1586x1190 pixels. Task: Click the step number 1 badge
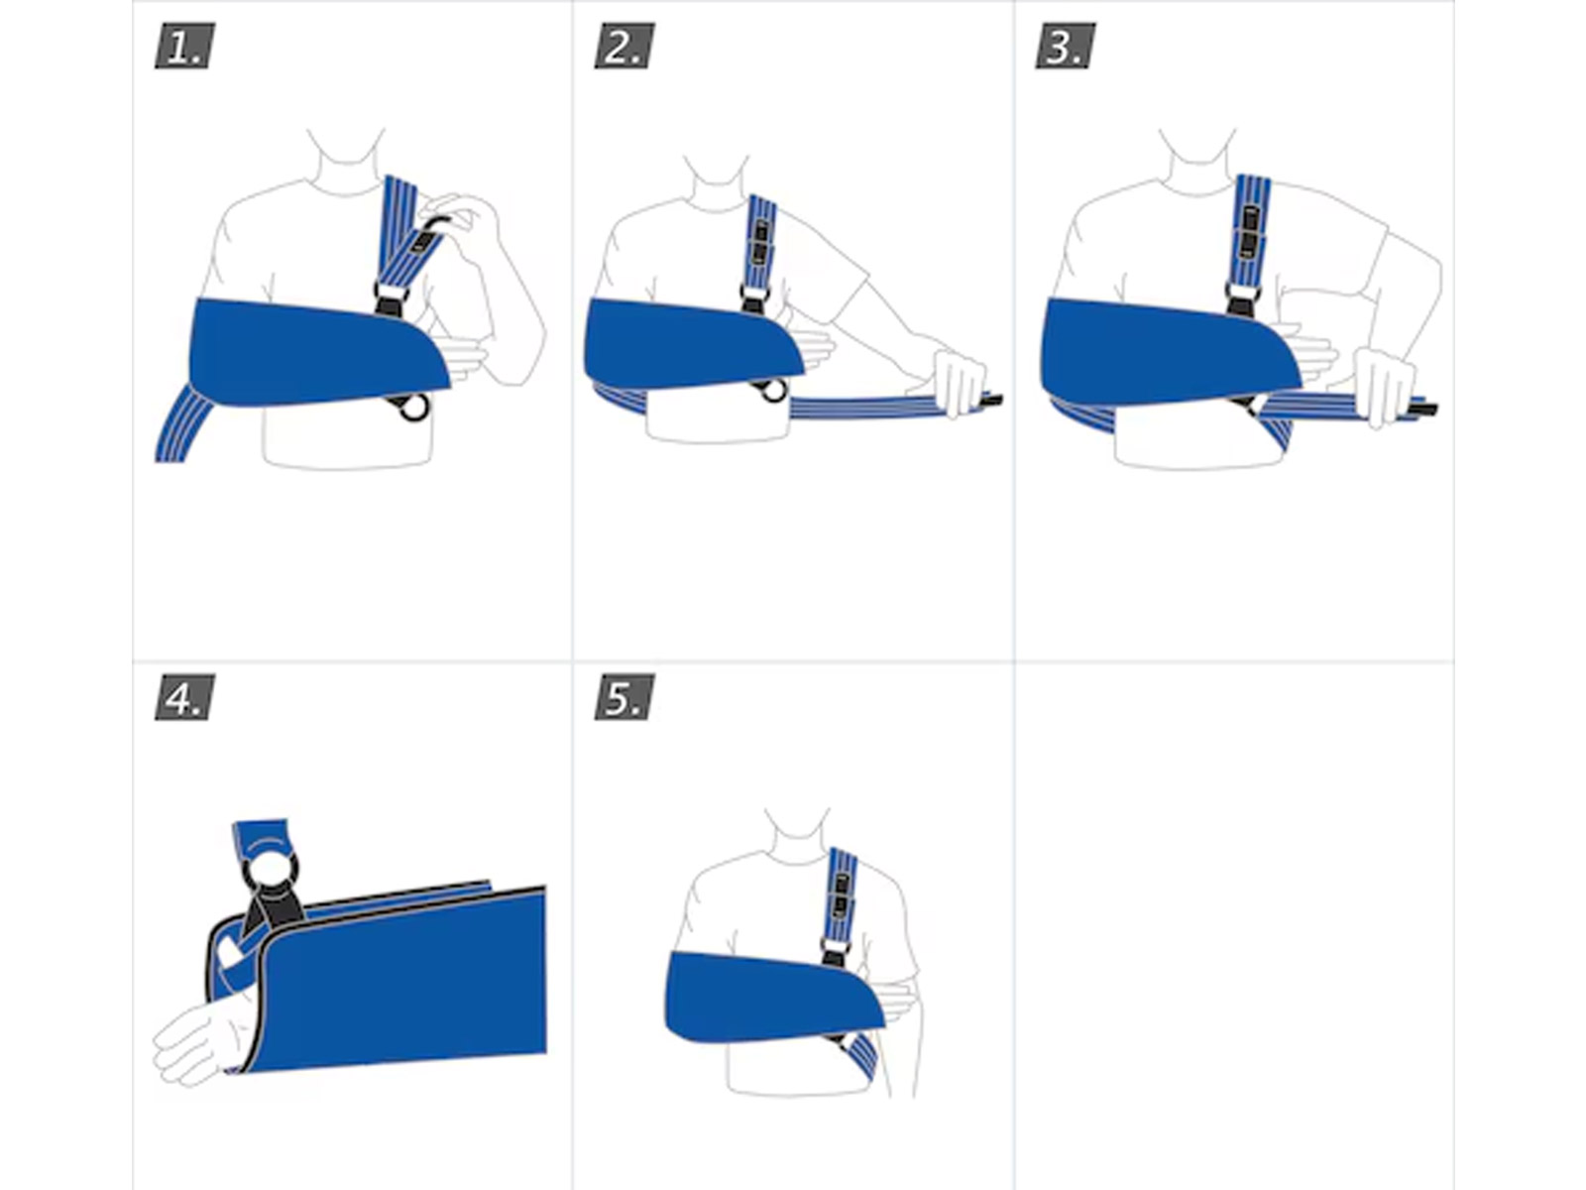(x=185, y=47)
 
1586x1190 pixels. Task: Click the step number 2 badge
(x=624, y=47)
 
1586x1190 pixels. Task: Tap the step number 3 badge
(x=1065, y=47)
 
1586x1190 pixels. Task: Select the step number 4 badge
(x=185, y=697)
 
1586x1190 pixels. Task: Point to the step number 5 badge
(x=624, y=697)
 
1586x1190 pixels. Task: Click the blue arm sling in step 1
(x=318, y=353)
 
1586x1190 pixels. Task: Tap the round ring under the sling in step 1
(x=414, y=407)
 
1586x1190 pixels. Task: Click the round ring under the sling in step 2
(x=774, y=391)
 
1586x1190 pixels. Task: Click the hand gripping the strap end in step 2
(x=959, y=381)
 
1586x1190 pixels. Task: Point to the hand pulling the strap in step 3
(x=1382, y=387)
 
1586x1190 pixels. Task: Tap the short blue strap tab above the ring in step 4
(x=261, y=836)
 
